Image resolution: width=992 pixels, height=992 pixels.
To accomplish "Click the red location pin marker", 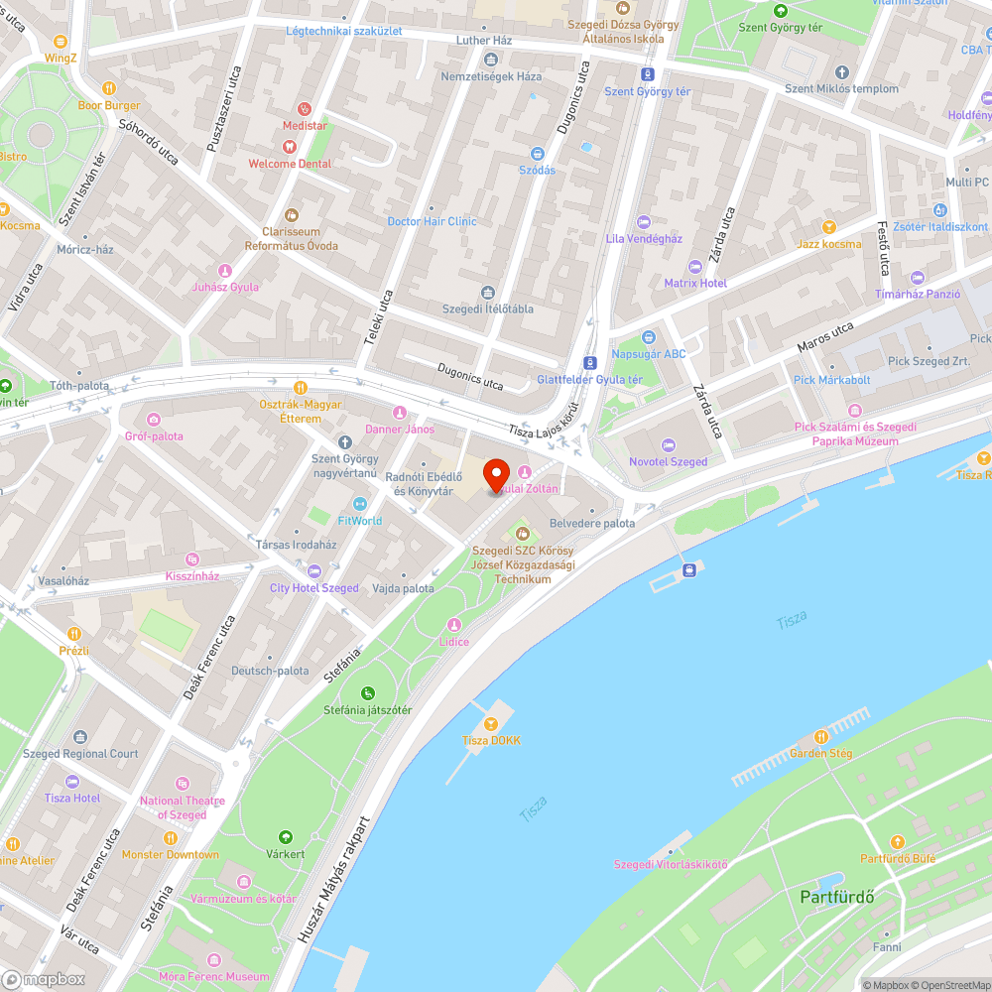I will (x=495, y=475).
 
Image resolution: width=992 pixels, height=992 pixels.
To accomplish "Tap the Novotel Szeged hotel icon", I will (x=668, y=445).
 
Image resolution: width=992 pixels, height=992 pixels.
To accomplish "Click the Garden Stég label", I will (x=820, y=753).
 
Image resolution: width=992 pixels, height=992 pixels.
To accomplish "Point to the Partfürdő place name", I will (x=836, y=897).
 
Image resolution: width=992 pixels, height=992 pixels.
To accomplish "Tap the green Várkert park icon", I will (x=286, y=837).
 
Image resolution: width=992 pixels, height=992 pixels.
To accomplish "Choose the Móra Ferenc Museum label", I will (x=212, y=976).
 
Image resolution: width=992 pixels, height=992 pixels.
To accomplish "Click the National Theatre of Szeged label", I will (x=182, y=807).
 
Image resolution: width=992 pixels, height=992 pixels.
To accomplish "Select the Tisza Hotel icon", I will (x=72, y=782).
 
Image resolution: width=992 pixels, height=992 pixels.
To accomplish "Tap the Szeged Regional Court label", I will (x=80, y=753).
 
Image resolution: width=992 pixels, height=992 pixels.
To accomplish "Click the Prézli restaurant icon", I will (x=73, y=634).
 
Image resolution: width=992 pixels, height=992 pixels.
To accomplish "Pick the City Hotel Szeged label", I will (x=314, y=587).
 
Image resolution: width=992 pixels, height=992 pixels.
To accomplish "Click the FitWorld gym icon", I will (x=359, y=505).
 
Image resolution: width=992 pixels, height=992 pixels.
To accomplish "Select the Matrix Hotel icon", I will (x=694, y=267).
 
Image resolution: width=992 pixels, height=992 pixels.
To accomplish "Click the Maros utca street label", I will (x=824, y=338).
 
